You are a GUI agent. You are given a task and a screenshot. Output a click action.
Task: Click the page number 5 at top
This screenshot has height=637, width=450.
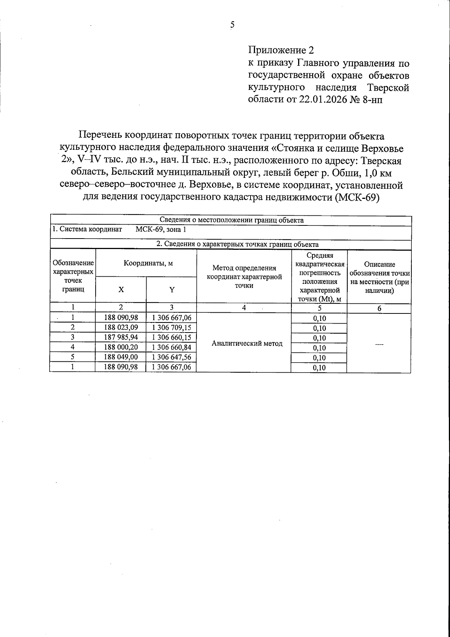(x=232, y=25)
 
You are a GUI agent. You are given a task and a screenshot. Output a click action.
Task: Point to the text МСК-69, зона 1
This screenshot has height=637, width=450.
(x=160, y=230)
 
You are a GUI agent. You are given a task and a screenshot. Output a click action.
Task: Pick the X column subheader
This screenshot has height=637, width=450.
(x=121, y=289)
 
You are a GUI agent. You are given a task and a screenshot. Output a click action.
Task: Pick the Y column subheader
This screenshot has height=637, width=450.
(x=172, y=289)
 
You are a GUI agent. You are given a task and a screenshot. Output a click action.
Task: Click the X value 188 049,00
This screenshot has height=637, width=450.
(x=121, y=357)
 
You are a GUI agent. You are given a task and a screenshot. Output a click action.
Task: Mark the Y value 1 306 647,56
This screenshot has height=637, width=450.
(x=172, y=357)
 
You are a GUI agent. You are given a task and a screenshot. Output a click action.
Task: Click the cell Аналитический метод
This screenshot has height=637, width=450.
(x=247, y=343)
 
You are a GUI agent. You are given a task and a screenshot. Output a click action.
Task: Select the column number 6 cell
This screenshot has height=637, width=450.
(x=379, y=309)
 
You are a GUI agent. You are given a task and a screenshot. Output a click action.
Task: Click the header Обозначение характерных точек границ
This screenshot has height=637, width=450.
(x=73, y=276)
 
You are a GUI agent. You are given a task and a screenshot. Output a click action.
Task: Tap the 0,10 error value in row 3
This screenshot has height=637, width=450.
(x=319, y=338)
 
